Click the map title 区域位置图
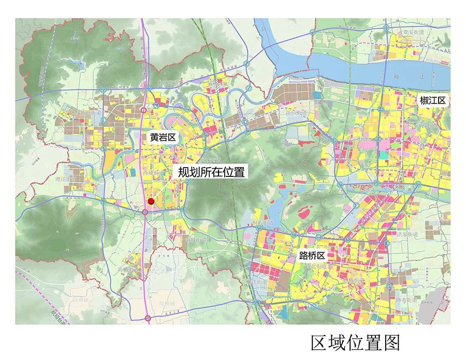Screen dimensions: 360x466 coord(355,342)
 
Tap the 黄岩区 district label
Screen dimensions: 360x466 coord(164,138)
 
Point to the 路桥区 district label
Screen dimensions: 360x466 coord(312,256)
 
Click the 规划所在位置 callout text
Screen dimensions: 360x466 coord(211,172)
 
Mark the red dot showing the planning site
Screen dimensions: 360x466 coord(151,201)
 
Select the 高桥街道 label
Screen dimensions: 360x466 coord(128,269)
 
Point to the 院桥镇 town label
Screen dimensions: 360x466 coord(168,303)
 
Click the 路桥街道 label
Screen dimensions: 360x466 coord(354,280)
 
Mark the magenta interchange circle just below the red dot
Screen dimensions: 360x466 coord(145,211)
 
